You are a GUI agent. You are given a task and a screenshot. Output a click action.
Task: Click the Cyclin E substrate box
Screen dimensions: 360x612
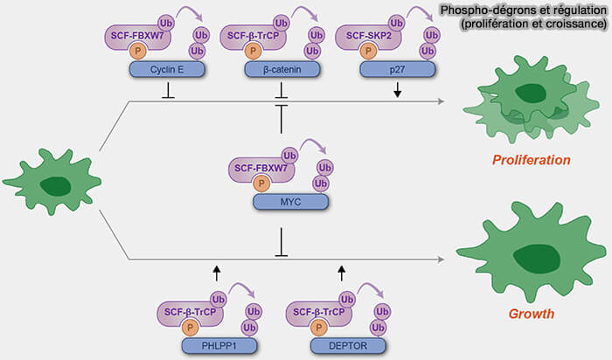pos(167,68)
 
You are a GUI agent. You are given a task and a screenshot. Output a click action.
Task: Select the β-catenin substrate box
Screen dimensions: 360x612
pos(281,68)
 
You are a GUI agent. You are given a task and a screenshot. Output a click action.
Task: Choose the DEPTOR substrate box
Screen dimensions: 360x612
pos(342,346)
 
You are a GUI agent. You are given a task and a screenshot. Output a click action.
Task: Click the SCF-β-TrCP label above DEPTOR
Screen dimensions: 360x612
pos(318,310)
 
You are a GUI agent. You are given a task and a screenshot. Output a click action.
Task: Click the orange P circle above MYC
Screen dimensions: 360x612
pos(259,184)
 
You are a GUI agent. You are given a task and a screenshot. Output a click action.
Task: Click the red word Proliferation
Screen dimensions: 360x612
pos(531,161)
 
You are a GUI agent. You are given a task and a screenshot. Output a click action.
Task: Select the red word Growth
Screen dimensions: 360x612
pos(531,312)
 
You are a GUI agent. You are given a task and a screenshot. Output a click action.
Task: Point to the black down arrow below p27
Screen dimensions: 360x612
pos(398,90)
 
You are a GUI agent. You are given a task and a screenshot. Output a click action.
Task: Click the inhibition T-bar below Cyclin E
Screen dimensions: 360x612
pos(167,89)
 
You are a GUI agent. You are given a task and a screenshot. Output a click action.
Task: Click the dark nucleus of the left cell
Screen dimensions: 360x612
pos(58,185)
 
